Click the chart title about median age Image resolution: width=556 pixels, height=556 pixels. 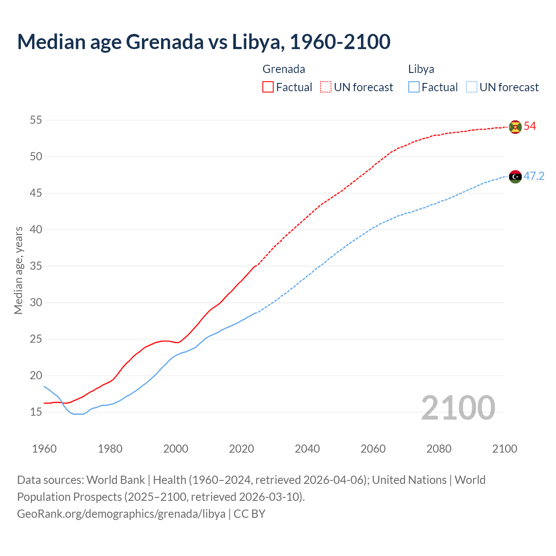click(x=204, y=42)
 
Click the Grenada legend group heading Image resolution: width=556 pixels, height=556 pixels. click(x=284, y=69)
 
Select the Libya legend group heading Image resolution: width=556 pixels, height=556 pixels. click(x=421, y=69)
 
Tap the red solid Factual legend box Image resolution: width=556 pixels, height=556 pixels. click(x=268, y=87)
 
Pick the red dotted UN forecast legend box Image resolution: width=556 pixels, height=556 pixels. click(x=326, y=87)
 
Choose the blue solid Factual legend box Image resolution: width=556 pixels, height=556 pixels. click(x=414, y=87)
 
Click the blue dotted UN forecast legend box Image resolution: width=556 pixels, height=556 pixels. click(x=471, y=87)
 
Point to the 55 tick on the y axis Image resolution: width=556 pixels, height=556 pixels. click(x=36, y=120)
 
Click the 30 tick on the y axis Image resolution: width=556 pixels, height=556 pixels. click(x=36, y=302)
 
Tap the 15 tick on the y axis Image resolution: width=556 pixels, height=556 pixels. click(x=36, y=412)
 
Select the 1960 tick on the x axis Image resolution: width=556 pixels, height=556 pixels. click(x=44, y=449)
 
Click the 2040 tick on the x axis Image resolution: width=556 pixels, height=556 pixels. click(x=307, y=449)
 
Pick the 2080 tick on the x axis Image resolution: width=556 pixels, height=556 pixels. click(x=439, y=449)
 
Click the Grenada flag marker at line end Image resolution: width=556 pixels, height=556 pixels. click(x=515, y=127)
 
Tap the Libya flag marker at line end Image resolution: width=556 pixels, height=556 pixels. click(x=515, y=176)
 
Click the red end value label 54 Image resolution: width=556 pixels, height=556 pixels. click(x=530, y=126)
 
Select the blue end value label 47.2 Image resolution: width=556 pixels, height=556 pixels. click(x=534, y=176)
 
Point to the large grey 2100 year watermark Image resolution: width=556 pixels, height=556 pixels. click(x=458, y=407)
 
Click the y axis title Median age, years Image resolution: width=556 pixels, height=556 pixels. click(x=18, y=270)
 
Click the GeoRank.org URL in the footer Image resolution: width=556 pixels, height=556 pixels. click(x=121, y=513)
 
